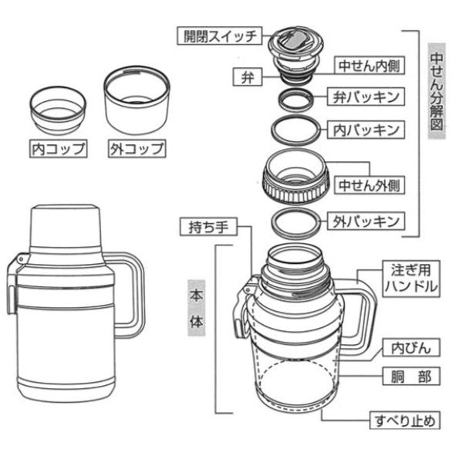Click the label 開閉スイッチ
click(219, 35)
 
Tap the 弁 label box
click(248, 76)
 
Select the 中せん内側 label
click(370, 66)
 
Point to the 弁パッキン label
click(366, 96)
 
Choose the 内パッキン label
click(366, 130)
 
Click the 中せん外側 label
click(370, 185)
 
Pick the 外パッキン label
click(366, 221)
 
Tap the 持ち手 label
click(208, 227)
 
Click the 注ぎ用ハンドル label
click(411, 279)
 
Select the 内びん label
click(411, 347)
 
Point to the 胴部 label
click(411, 377)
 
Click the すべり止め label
click(405, 421)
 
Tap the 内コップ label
click(58, 148)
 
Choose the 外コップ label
click(137, 148)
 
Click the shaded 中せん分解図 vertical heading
click(437, 91)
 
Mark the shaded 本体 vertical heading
click(196, 308)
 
